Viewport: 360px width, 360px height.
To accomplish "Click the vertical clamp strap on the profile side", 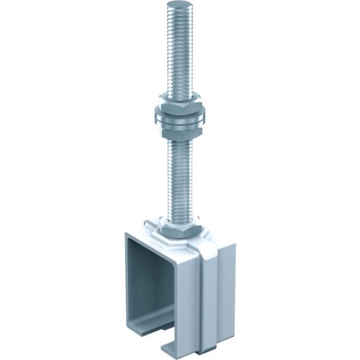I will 213,295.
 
